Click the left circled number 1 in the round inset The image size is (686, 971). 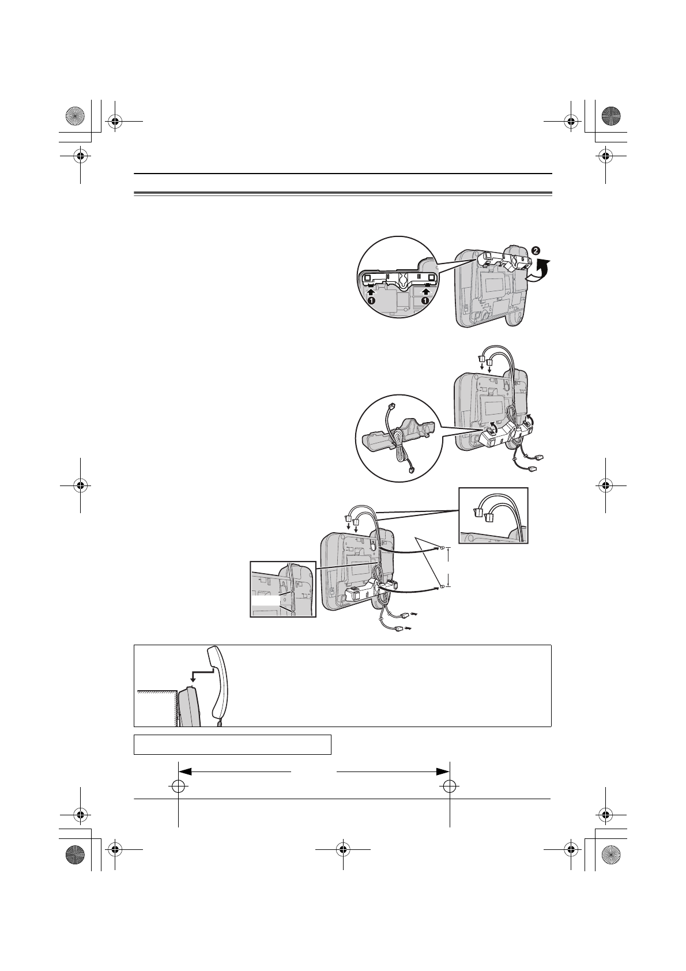(x=372, y=300)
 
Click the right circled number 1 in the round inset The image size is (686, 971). (x=425, y=300)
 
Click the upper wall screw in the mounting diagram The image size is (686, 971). (x=441, y=549)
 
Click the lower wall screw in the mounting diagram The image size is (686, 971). (x=441, y=586)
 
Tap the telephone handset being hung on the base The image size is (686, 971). (x=219, y=686)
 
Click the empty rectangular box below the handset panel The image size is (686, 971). (x=232, y=744)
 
